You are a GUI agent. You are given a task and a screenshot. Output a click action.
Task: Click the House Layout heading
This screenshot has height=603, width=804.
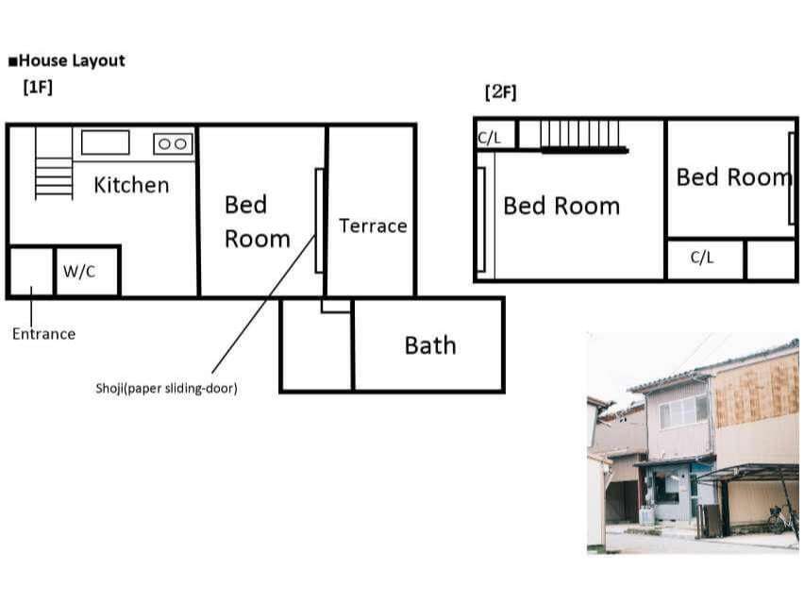(x=67, y=60)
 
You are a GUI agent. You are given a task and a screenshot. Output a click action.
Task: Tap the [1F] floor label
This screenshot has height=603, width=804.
(x=38, y=87)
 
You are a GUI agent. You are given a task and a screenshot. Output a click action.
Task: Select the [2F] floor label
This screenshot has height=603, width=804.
(x=500, y=92)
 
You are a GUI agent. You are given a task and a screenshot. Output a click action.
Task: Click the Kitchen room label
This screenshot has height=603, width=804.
(x=131, y=185)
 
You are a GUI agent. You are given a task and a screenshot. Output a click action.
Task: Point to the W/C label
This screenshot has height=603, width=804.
(x=79, y=271)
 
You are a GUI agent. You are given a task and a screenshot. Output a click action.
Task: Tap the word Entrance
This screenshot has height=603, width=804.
(x=43, y=334)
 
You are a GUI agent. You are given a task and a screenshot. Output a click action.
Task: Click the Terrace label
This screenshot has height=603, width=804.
(x=373, y=226)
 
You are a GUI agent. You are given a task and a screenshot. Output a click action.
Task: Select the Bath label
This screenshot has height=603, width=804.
(x=430, y=345)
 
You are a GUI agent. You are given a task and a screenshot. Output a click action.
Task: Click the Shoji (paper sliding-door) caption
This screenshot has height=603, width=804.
(x=166, y=388)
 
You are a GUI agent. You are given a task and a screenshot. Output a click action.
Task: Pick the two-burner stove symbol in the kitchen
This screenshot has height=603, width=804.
(x=173, y=144)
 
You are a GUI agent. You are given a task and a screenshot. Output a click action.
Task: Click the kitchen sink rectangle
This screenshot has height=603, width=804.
(x=105, y=142)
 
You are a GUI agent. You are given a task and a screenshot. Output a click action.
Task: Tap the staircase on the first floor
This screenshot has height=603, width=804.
(x=54, y=163)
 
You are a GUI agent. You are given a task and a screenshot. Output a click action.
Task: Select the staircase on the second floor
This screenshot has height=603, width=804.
(x=584, y=137)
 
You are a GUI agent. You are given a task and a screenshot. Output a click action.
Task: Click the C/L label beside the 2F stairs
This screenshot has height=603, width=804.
(x=489, y=138)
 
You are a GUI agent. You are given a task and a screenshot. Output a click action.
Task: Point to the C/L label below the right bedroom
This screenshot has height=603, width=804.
(x=701, y=257)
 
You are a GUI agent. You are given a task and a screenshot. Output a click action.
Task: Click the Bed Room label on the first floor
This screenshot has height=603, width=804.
(x=258, y=222)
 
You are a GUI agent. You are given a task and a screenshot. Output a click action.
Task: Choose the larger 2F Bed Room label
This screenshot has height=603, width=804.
(x=561, y=206)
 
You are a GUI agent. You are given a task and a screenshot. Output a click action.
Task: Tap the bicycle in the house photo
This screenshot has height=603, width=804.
(x=781, y=519)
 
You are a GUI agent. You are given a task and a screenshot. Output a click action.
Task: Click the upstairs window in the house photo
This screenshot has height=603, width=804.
(x=684, y=411)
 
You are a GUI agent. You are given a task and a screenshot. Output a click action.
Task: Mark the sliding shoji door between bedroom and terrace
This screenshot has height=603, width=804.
(x=319, y=221)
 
